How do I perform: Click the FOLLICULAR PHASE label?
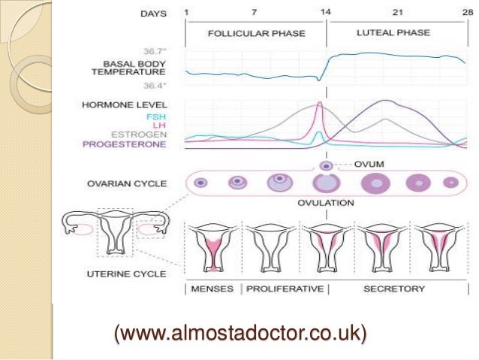coord(255,35)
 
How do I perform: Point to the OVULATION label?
coord(325,203)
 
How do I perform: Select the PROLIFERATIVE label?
coord(285,289)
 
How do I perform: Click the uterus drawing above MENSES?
coord(213,248)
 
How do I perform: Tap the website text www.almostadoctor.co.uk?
coord(241,330)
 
